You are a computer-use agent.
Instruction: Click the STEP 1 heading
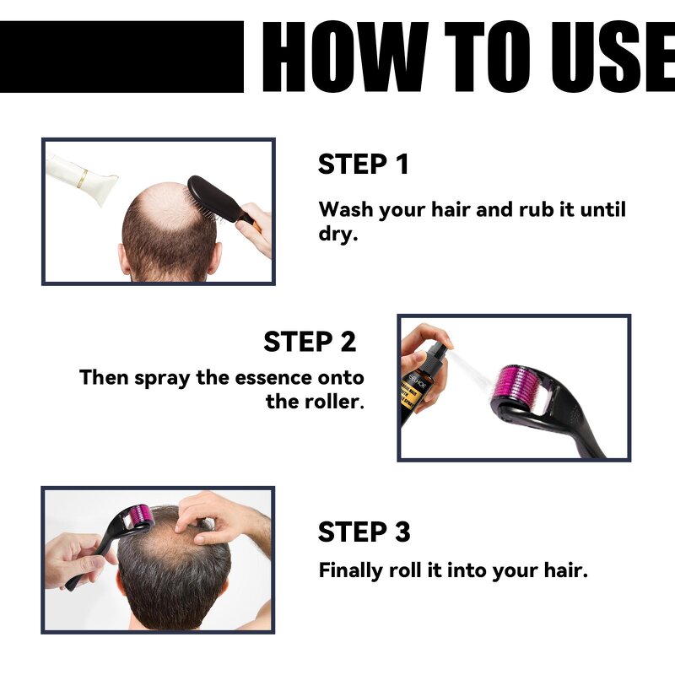(x=363, y=165)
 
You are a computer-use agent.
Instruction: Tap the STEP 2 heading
(x=309, y=342)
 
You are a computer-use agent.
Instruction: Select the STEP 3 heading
(x=364, y=532)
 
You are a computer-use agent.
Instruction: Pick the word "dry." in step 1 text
(x=338, y=235)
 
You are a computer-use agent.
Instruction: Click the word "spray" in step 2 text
(x=164, y=378)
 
